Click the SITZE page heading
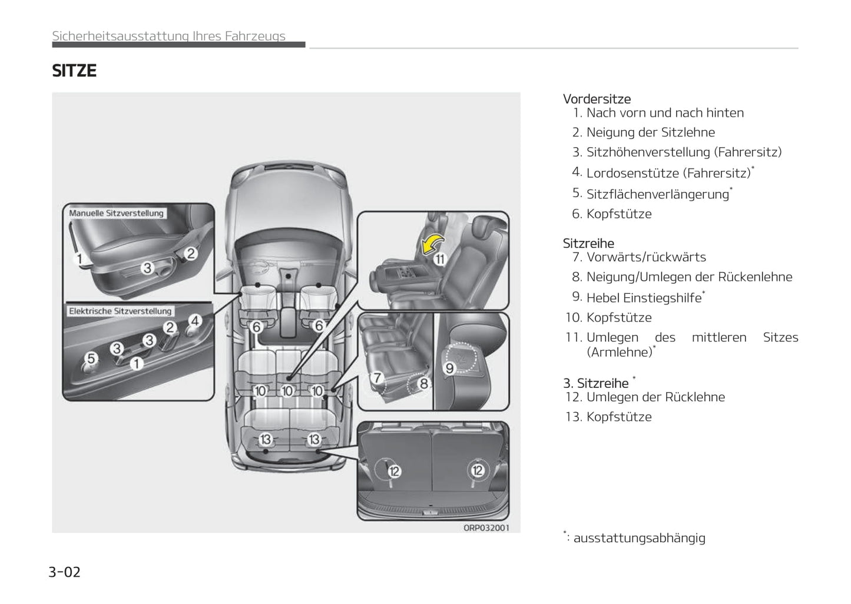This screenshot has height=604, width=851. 74,71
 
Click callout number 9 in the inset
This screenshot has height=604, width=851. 449,369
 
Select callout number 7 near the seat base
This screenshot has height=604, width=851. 377,377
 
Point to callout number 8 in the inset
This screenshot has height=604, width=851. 423,384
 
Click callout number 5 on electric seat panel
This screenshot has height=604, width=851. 91,358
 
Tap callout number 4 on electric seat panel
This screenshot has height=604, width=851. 195,321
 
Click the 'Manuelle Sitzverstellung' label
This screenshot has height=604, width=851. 116,213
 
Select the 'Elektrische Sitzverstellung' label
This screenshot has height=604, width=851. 120,311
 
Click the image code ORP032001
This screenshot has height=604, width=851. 486,527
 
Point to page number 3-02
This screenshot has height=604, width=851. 64,572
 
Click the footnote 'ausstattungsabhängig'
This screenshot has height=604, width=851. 639,537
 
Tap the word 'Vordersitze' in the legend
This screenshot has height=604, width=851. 597,99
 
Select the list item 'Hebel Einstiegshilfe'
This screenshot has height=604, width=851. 644,298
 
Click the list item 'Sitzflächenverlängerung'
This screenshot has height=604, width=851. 657,194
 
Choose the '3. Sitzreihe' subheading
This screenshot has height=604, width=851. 595,383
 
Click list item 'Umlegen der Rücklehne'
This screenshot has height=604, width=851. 655,397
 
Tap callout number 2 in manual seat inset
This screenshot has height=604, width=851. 191,254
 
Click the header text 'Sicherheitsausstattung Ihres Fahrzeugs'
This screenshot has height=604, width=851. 169,36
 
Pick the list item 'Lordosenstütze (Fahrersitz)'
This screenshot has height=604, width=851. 668,173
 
